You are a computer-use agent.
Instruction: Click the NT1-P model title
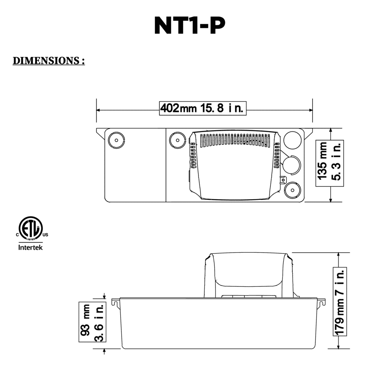point(190,26)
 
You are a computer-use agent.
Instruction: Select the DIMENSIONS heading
point(49,61)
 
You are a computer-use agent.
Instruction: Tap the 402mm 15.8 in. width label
point(202,108)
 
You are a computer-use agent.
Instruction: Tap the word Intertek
point(31,247)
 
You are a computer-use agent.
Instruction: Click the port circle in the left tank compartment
point(116,140)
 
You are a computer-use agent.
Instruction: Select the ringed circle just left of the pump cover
point(177,140)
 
